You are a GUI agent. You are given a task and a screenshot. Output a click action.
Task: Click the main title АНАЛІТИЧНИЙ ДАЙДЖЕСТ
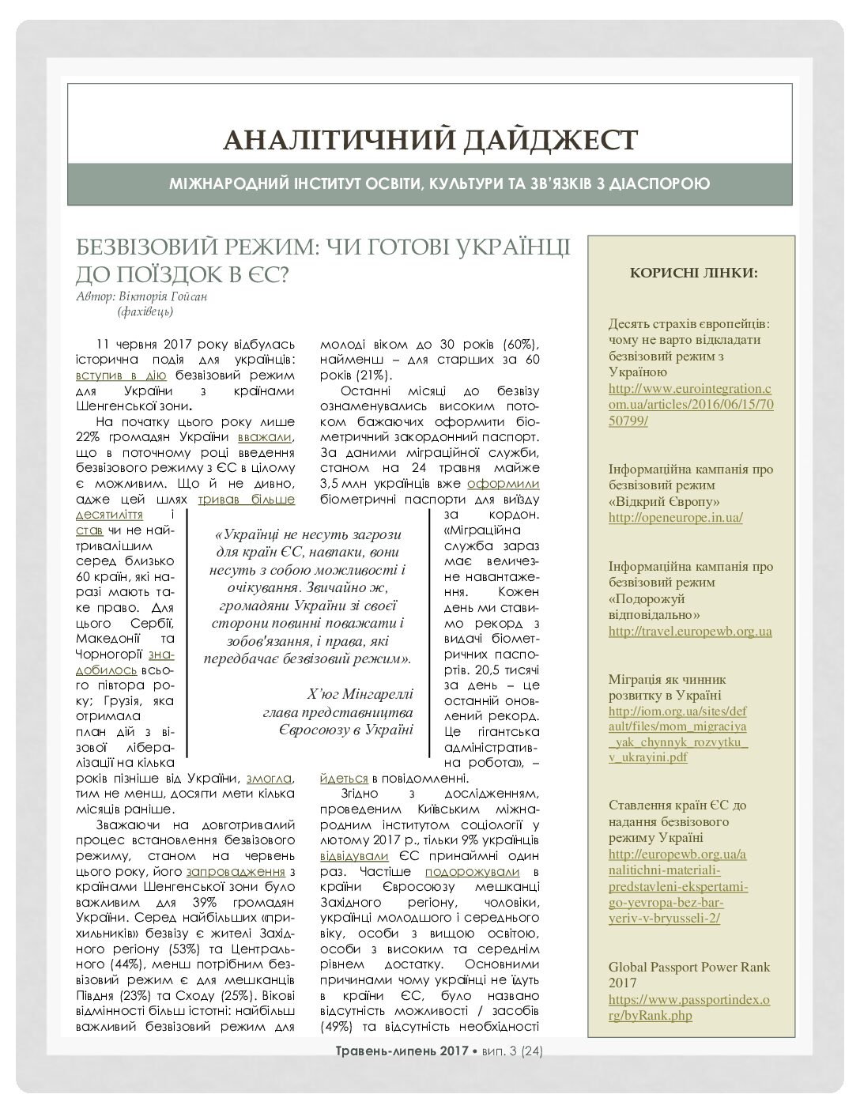coord(430,140)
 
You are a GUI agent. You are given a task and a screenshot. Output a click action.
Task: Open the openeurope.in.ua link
coord(675,518)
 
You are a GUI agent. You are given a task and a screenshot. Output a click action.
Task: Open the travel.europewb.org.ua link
coord(690,631)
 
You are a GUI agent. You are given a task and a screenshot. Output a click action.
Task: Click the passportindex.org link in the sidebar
coord(688,1008)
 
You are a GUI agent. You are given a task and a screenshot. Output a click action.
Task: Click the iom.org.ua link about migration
coord(677,734)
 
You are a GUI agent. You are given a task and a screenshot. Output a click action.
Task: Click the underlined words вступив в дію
coord(121,375)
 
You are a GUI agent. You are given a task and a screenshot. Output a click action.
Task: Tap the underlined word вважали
coord(271,437)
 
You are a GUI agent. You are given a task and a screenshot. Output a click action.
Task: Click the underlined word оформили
coord(504,484)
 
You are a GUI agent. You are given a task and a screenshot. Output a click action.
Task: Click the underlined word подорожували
coord(472,871)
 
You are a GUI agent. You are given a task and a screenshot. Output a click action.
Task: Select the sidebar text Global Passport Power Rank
coord(688,967)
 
